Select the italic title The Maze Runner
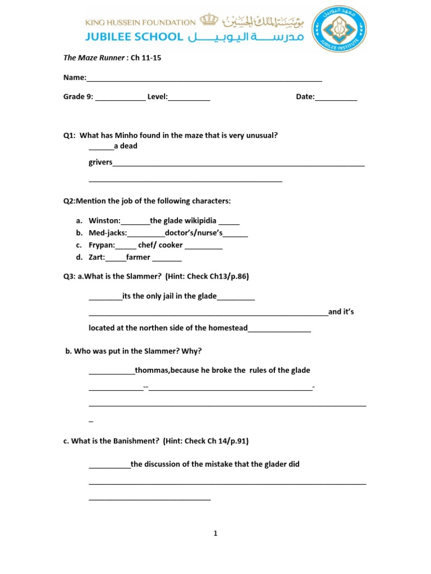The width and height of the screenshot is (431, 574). pyautogui.click(x=94, y=58)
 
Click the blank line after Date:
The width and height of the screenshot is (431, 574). pyautogui.click(x=336, y=98)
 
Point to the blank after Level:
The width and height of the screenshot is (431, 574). pyautogui.click(x=189, y=98)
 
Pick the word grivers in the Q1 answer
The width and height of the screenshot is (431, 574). pyautogui.click(x=100, y=163)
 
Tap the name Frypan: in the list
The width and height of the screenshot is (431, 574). pyautogui.click(x=102, y=245)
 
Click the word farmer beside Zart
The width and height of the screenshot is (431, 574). pyautogui.click(x=138, y=257)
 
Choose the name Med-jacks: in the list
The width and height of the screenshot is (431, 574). pyautogui.click(x=108, y=233)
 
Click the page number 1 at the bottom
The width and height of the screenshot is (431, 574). pyautogui.click(x=215, y=534)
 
